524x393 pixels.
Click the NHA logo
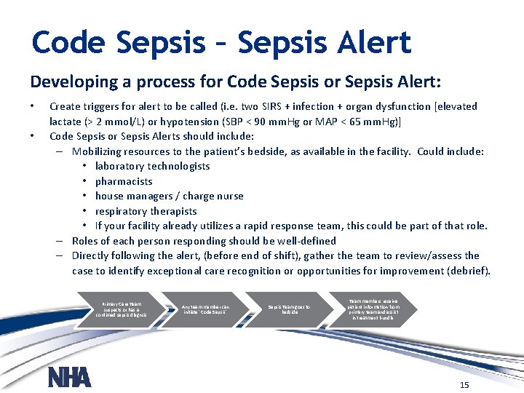69,376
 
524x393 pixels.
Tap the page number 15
464,384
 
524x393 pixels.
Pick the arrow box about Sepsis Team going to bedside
290,309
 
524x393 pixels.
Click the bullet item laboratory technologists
152,166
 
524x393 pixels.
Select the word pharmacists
124,181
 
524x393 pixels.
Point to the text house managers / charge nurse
169,196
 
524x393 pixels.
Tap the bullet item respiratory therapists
146,211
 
